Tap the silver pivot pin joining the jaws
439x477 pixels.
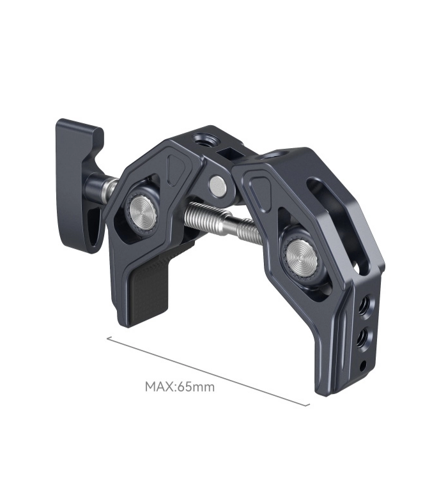click(x=218, y=185)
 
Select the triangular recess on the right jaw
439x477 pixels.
click(x=259, y=189)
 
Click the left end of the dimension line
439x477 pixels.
click(x=107, y=338)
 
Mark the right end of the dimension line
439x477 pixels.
click(x=310, y=405)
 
